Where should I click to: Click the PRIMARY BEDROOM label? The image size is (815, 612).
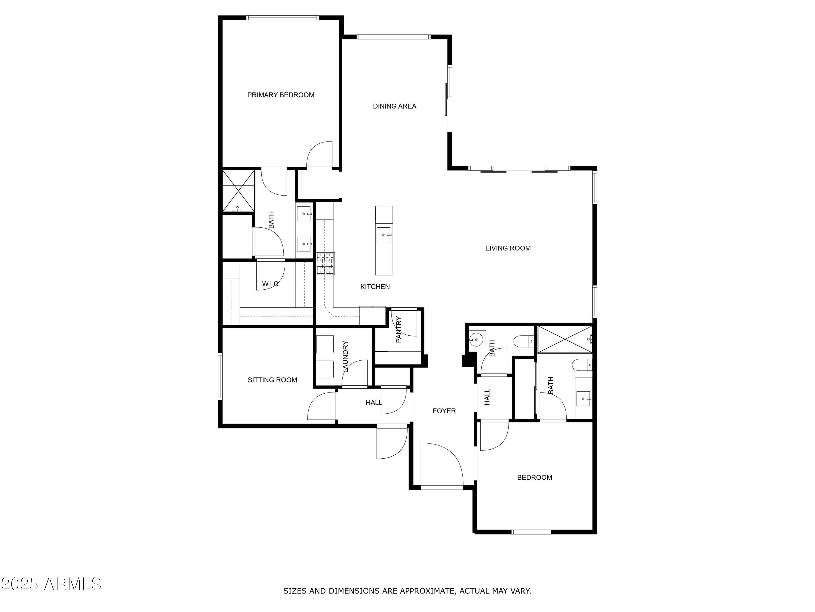point(281,95)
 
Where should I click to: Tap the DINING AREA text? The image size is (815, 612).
point(395,106)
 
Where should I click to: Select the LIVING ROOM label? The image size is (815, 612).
point(508,248)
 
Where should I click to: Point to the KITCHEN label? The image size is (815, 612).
point(375,287)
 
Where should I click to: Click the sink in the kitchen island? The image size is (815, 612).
point(384,235)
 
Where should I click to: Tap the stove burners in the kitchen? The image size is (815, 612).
point(326,263)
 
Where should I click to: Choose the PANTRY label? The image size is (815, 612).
point(399,329)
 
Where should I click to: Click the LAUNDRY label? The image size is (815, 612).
point(346,356)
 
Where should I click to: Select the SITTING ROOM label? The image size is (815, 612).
point(272,380)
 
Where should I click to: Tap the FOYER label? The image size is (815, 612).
point(444,411)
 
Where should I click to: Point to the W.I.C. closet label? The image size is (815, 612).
point(271,284)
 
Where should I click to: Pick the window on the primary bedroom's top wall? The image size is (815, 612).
point(282,18)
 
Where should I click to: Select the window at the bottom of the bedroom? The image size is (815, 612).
point(531,531)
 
